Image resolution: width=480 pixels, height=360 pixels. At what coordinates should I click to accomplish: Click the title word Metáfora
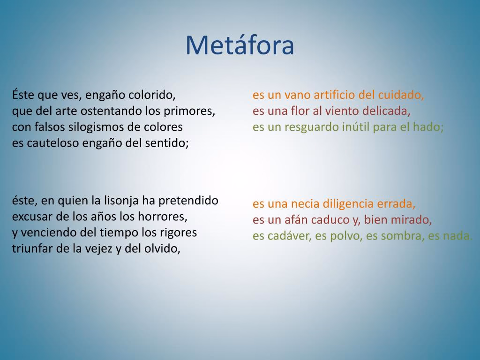[x=240, y=45]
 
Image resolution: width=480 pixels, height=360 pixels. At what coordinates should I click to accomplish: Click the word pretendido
[x=188, y=201]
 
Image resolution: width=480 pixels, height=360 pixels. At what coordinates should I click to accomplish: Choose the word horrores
[x=162, y=217]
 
